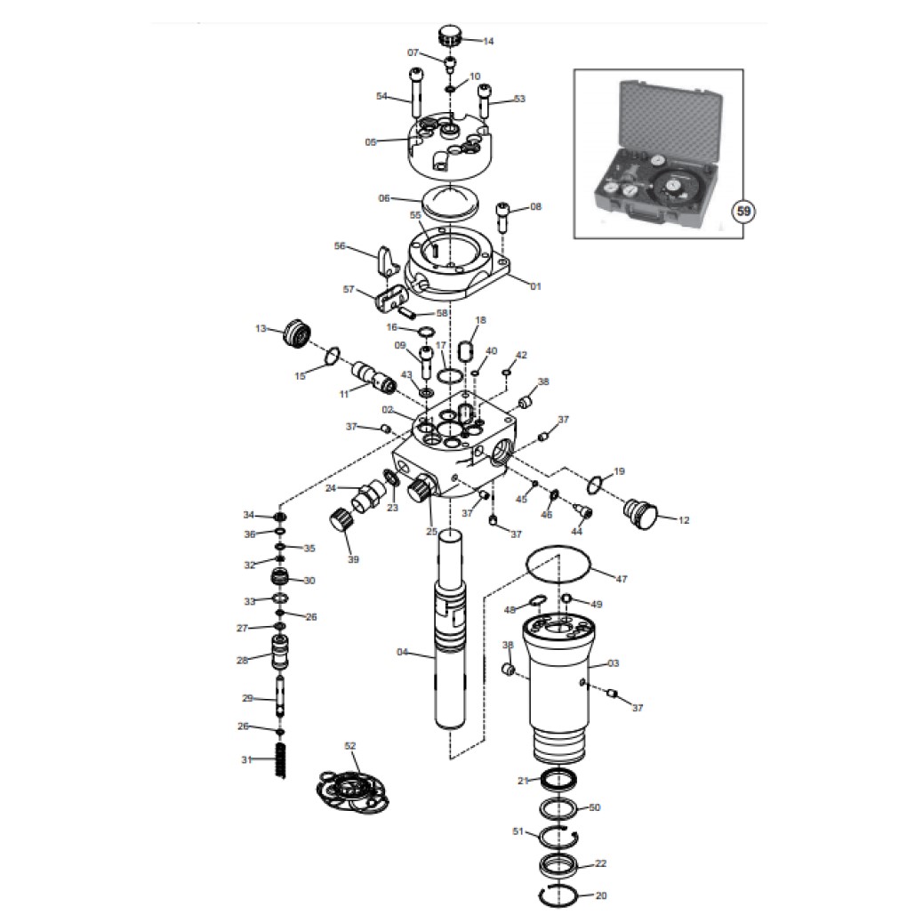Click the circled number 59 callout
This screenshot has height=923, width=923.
click(x=743, y=211)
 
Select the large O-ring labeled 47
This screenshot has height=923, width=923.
click(x=558, y=566)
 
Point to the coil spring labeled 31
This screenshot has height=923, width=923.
click(x=281, y=760)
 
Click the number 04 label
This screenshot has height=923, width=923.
click(x=403, y=652)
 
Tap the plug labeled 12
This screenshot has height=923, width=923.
click(x=640, y=513)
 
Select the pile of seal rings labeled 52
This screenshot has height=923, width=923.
click(x=351, y=791)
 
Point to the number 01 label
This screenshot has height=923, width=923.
click(x=535, y=286)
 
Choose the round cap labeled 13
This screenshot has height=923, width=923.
click(x=298, y=335)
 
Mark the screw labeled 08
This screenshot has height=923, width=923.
click(x=504, y=217)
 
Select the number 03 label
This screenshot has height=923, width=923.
click(x=613, y=662)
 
